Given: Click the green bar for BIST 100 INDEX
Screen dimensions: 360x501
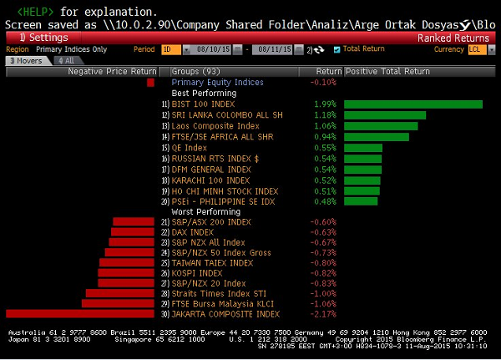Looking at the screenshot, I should click(x=412, y=104).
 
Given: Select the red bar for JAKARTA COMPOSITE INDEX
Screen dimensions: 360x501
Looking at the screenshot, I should click(x=81, y=314).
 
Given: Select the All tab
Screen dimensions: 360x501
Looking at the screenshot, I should click(x=64, y=61).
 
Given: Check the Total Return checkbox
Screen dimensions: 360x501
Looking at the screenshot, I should click(x=337, y=50).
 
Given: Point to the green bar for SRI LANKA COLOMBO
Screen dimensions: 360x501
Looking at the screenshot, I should click(x=385, y=115).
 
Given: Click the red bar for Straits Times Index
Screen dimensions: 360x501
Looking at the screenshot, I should click(x=120, y=293).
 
